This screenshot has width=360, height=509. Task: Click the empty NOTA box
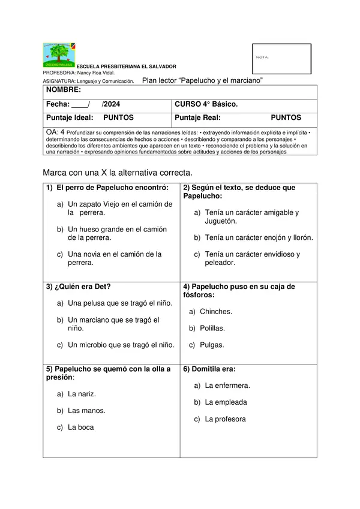[281, 58]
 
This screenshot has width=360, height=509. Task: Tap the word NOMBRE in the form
[64, 90]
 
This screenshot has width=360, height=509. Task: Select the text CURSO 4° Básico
[206, 104]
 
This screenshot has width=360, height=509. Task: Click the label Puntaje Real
[197, 118]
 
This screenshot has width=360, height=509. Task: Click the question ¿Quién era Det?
[79, 287]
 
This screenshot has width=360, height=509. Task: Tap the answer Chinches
[216, 312]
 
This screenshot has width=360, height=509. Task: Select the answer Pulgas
[212, 345]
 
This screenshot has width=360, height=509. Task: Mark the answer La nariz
[82, 394]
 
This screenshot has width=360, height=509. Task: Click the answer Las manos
[86, 411]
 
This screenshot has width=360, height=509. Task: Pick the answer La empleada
[226, 402]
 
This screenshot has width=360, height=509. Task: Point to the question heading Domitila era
[209, 369]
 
